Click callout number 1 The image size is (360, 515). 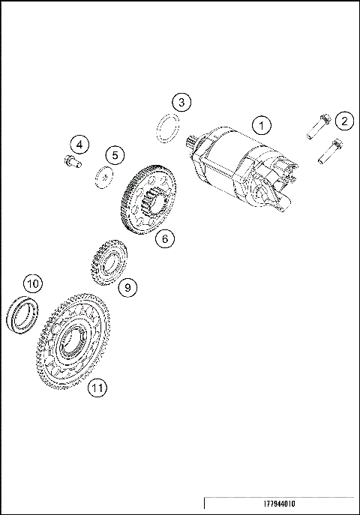tap(260, 124)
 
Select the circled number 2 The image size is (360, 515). tap(343, 120)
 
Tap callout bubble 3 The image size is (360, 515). tap(181, 101)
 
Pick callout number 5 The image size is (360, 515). tap(114, 154)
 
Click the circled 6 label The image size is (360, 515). tap(166, 238)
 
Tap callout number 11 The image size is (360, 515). tap(96, 387)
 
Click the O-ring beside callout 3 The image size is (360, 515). tap(166, 127)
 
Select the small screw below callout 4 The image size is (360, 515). tap(71, 159)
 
